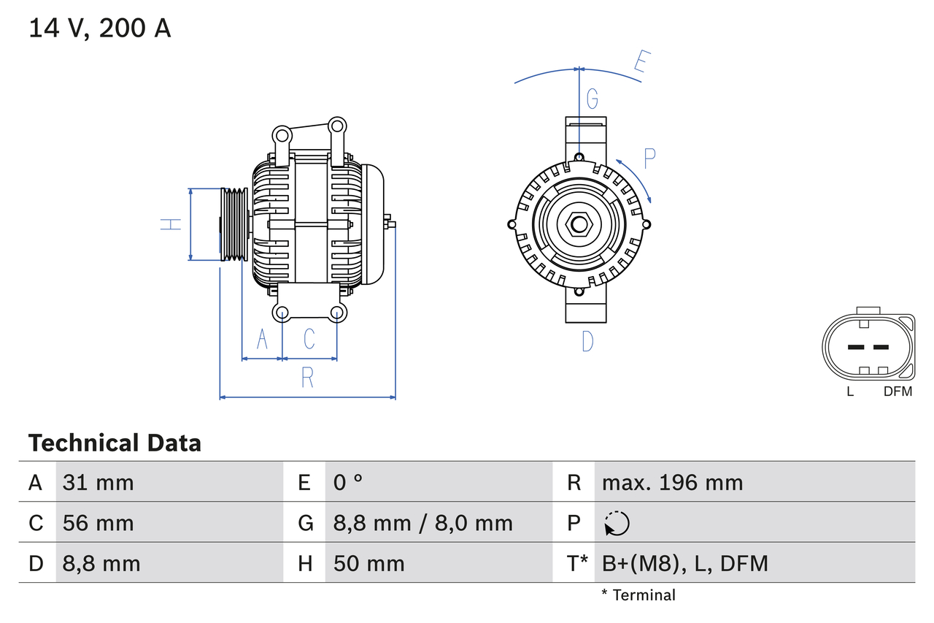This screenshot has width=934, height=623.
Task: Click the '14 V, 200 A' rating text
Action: (x=100, y=28)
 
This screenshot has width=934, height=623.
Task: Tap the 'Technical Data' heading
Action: (x=115, y=443)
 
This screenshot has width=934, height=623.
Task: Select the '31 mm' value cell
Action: (x=99, y=482)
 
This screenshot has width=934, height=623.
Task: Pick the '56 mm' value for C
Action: (x=99, y=523)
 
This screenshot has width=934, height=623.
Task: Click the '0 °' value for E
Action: (x=348, y=482)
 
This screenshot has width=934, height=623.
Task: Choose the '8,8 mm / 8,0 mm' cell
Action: (x=423, y=523)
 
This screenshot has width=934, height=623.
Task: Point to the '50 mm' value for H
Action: (x=368, y=563)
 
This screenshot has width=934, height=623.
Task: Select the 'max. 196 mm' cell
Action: (x=672, y=482)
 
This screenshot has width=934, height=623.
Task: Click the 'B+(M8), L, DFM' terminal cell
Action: (x=684, y=563)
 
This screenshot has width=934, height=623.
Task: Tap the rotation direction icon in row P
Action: (x=617, y=524)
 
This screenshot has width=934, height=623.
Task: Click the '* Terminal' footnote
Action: (x=638, y=595)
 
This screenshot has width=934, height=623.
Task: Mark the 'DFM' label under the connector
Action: (x=898, y=391)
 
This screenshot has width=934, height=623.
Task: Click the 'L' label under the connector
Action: (x=850, y=391)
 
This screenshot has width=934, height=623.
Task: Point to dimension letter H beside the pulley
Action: (x=170, y=224)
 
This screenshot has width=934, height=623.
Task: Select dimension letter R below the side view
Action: (x=307, y=378)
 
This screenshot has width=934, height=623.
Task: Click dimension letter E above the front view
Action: (x=641, y=62)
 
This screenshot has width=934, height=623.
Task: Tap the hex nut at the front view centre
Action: (x=579, y=224)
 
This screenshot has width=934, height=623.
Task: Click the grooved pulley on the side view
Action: (x=234, y=224)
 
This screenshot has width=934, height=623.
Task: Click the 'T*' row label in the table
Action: (x=577, y=563)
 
